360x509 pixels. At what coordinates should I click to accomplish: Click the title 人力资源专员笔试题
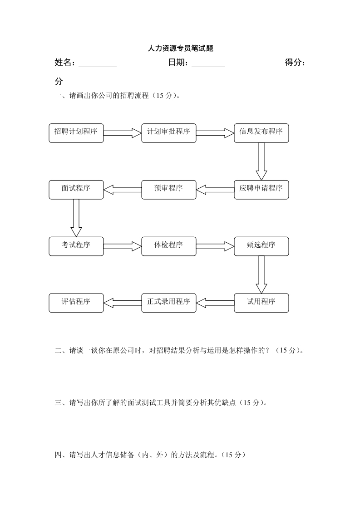[x=180, y=49]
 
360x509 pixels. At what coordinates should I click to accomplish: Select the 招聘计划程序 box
[x=76, y=132]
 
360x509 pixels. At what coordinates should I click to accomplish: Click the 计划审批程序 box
[x=169, y=132]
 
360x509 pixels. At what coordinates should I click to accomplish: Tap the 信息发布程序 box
[x=261, y=132]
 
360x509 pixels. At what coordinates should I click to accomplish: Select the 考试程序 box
[x=76, y=246]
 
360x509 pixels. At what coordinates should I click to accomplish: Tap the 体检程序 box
[x=169, y=246]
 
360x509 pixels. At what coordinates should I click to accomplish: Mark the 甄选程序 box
[x=261, y=246]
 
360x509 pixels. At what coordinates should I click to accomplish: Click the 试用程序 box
[x=261, y=303]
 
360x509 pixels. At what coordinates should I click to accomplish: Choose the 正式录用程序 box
[x=169, y=303]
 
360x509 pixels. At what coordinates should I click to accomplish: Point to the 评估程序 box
[x=76, y=303]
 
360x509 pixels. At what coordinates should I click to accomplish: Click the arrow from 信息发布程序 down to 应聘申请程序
[x=261, y=161]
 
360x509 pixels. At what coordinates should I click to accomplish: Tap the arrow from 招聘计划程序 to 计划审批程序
[x=123, y=132]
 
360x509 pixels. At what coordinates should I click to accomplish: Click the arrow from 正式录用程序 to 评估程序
[x=123, y=303]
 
